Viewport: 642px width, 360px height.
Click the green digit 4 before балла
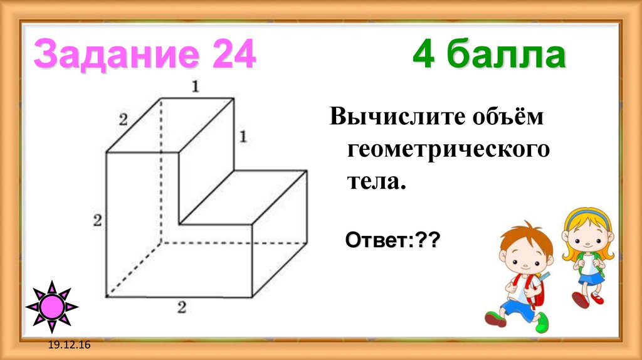(x=424, y=56)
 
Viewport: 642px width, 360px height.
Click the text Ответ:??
(x=391, y=240)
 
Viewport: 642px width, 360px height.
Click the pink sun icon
(x=52, y=307)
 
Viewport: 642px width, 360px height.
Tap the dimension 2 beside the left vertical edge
(x=97, y=220)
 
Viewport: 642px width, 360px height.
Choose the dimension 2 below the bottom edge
(x=182, y=307)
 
